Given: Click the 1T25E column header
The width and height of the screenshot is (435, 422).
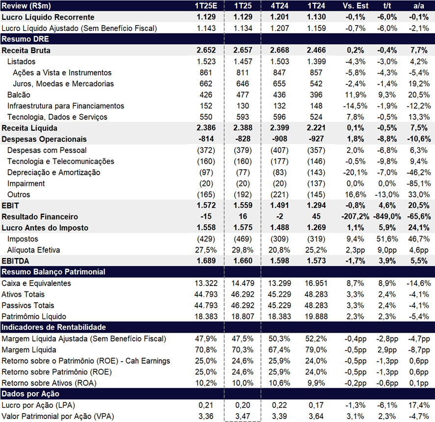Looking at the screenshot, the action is point(206,6).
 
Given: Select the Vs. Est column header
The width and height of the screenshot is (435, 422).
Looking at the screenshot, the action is point(355,6).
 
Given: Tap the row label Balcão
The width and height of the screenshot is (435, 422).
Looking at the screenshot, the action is point(19,95).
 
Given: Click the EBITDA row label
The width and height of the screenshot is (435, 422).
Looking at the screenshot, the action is point(15,261).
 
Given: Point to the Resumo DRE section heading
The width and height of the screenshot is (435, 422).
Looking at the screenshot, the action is point(25,39).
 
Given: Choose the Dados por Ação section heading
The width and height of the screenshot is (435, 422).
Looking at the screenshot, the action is point(30,394).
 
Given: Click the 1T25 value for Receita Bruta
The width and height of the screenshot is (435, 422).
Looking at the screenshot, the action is point(243,50).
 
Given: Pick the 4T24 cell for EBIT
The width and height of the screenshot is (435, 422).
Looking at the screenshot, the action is point(279,206).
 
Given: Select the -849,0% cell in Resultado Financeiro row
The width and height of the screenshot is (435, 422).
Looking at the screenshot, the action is point(387,216).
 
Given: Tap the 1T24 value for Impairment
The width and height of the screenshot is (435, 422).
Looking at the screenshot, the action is point(316,184).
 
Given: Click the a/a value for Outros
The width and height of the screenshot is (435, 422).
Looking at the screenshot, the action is point(419,195).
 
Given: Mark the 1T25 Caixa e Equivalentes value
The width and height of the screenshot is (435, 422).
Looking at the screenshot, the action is point(243,283).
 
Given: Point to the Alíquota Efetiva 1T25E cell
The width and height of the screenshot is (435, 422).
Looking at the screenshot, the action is point(206,250).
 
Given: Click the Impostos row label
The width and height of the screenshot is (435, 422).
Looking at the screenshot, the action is point(23,239).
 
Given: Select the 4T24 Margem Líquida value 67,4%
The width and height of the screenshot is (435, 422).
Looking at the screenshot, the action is point(279,350).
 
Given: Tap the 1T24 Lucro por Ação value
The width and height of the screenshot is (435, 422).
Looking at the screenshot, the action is point(316,405).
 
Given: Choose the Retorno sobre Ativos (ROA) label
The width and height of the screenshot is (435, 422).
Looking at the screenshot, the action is point(49,383).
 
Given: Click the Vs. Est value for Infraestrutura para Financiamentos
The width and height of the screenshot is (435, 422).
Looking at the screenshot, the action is point(355,106).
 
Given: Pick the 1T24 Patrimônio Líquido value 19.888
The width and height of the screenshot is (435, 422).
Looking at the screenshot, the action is point(316,316).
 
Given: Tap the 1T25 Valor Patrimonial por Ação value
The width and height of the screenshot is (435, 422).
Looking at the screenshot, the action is point(243,417).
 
